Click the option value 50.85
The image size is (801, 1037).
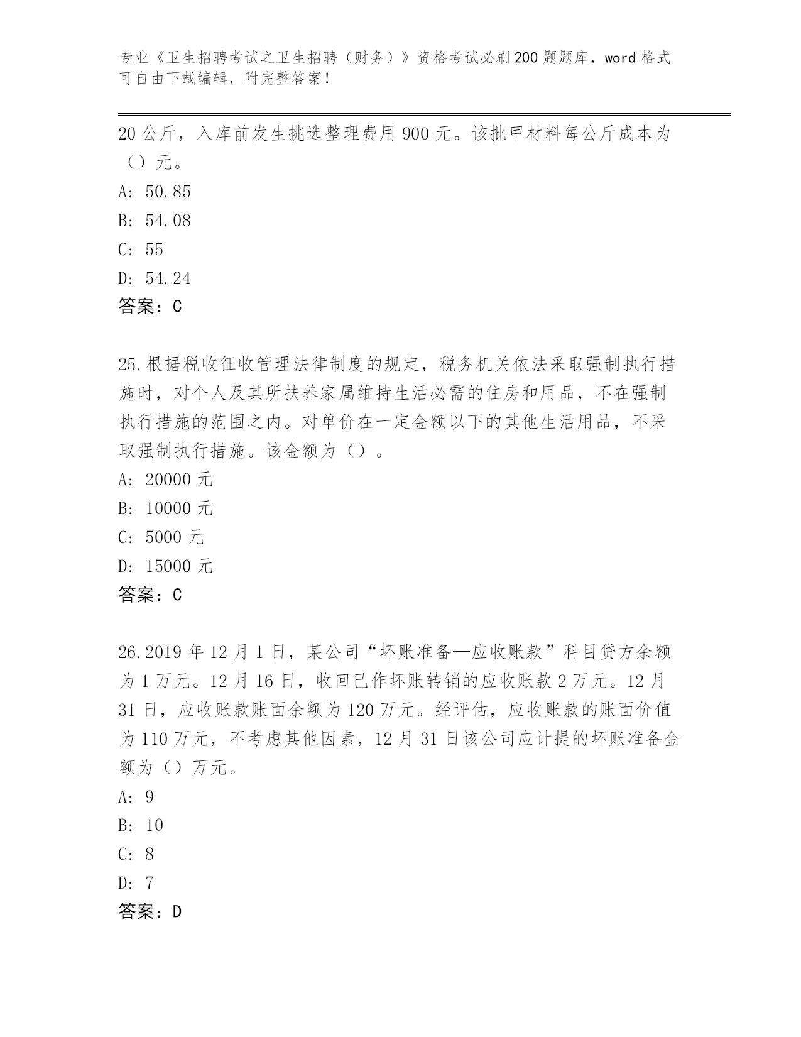click(x=168, y=192)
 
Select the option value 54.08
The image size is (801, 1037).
click(x=168, y=221)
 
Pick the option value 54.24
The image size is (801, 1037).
click(x=168, y=278)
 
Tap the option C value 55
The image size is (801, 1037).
click(x=155, y=250)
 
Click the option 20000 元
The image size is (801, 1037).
click(x=178, y=480)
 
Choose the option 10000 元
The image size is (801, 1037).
click(x=178, y=508)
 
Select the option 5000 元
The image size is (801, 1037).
click(x=174, y=537)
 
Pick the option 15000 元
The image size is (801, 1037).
click(x=178, y=566)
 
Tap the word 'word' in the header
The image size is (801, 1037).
click(x=620, y=58)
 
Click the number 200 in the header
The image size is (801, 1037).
click(x=526, y=58)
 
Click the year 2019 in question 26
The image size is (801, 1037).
click(x=165, y=652)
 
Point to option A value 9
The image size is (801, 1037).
click(x=150, y=797)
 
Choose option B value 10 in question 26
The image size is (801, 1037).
click(x=155, y=825)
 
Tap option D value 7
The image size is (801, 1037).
click(x=150, y=883)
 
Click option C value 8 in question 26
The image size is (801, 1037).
click(x=150, y=854)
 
